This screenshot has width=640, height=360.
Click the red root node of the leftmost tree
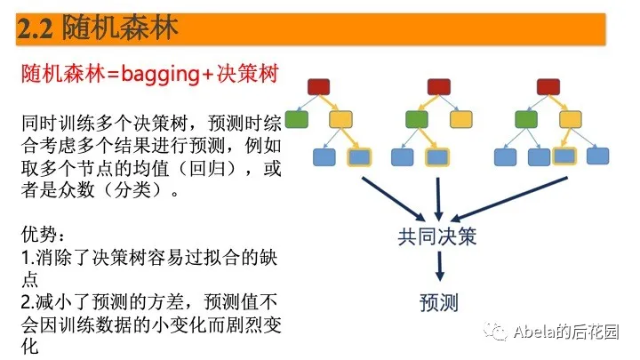[x=319, y=86]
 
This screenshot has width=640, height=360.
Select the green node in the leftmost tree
[x=298, y=119]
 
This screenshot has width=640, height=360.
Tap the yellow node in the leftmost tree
[x=340, y=119]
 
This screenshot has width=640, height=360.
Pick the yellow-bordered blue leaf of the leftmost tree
[x=359, y=157]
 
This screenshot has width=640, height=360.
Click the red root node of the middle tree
[x=437, y=86]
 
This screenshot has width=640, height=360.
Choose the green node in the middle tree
[x=416, y=119]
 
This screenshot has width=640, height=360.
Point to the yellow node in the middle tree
[x=460, y=119]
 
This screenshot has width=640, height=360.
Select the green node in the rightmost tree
[x=527, y=119]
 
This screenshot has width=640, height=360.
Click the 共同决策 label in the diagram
[x=438, y=237]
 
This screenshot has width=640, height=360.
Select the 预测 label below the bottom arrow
[x=438, y=302]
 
